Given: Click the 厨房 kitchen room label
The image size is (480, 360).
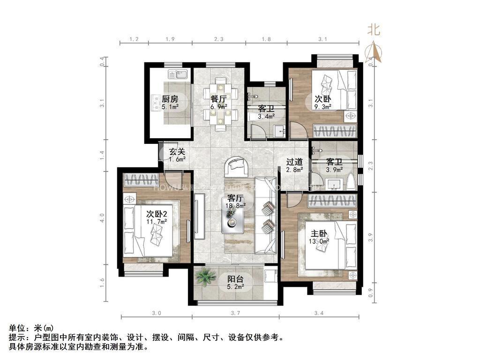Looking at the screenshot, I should tap(170, 99).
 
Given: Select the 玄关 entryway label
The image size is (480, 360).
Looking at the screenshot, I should tap(177, 151).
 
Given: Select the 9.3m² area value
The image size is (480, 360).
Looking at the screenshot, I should tap(323, 107).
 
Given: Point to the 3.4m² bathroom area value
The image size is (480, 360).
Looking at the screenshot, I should tap(266, 116).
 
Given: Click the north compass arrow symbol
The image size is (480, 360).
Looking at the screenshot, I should tap(374, 52).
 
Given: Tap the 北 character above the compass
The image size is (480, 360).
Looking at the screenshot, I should tap(374, 30).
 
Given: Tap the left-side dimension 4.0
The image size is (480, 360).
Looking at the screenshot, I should tap(103, 218).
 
